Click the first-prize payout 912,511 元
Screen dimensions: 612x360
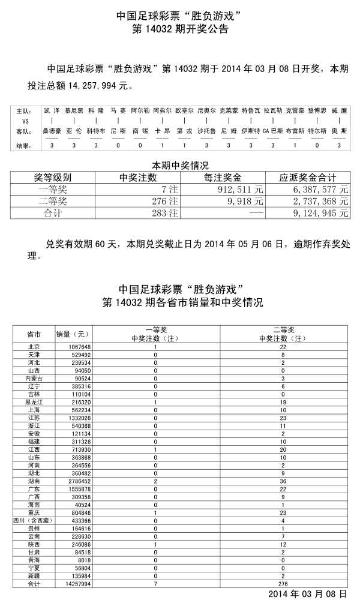238,190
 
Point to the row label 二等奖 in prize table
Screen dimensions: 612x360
53,201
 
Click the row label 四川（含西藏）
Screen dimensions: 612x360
34,521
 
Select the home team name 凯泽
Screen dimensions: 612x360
52,111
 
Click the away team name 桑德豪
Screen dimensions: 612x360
52,130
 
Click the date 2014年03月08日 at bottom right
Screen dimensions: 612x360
307,594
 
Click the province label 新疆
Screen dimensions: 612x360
34,576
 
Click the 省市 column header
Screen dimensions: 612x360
34,334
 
